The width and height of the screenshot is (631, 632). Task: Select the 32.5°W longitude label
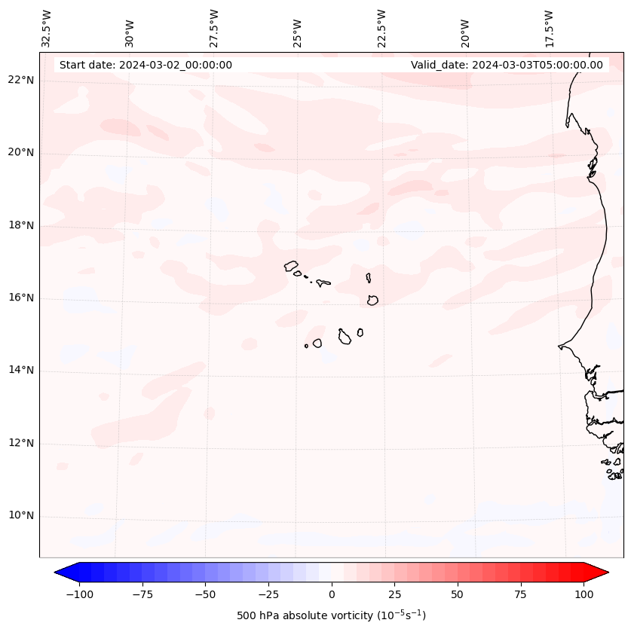[47, 28]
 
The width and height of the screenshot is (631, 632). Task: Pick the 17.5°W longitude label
[549, 28]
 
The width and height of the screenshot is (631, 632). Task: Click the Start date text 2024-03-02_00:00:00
[145, 65]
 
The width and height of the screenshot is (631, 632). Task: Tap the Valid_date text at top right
[507, 65]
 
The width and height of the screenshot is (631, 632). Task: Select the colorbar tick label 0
[332, 594]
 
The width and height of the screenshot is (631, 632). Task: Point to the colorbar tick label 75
[520, 594]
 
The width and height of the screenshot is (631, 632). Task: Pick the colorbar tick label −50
[206, 594]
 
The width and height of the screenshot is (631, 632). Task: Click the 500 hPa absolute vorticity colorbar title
[332, 615]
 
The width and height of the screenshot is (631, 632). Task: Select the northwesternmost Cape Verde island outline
[291, 266]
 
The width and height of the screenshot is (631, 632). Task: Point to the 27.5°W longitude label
[214, 28]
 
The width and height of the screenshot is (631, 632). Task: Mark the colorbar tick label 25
[394, 594]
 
